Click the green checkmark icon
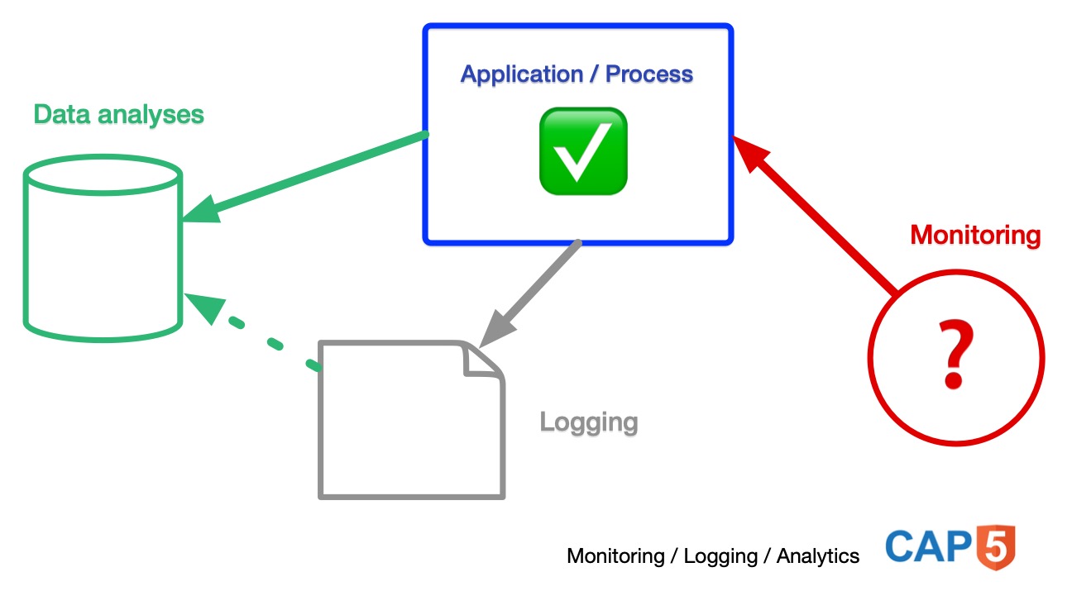click(583, 151)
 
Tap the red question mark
click(955, 356)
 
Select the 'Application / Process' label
click(577, 74)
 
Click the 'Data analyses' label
click(118, 114)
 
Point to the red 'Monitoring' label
click(975, 236)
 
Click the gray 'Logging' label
click(589, 422)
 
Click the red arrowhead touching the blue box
click(751, 155)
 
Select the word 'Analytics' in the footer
click(817, 556)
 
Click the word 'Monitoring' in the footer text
click(615, 556)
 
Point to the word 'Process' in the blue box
click(649, 74)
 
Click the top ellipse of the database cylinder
click(103, 174)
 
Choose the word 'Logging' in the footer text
click(720, 556)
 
